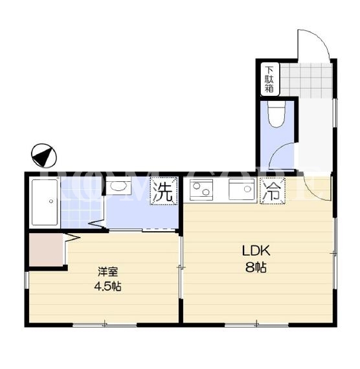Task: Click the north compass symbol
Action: point(44,156)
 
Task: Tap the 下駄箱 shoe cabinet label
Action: point(270,79)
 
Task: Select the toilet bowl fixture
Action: point(276,114)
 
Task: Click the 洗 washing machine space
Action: point(164,191)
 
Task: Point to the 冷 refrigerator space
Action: point(273,191)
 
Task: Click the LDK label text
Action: point(256,251)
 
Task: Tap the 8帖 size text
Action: point(256,267)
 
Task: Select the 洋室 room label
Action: point(108,272)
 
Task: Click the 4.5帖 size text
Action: point(108,286)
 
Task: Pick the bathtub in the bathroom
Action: point(45,203)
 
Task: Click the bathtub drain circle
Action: point(51,201)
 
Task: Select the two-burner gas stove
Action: point(201,190)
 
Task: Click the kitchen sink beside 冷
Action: point(242,189)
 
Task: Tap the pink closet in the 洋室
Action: point(46,250)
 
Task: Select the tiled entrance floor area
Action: point(306,80)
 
